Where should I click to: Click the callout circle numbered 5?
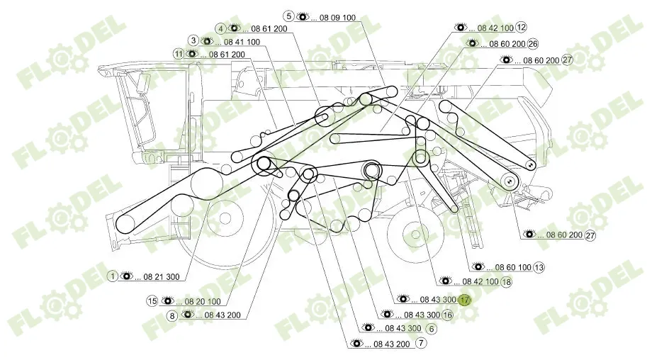(289, 16)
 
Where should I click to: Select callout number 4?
(222, 28)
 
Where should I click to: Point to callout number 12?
(522, 28)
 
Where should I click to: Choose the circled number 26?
(533, 43)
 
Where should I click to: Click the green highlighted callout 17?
(463, 300)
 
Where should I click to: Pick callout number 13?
(539, 267)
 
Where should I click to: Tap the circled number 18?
(505, 282)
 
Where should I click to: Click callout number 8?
(171, 315)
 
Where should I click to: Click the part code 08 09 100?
(333, 16)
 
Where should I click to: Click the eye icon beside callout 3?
(206, 41)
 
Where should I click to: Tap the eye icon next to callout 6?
(367, 328)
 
